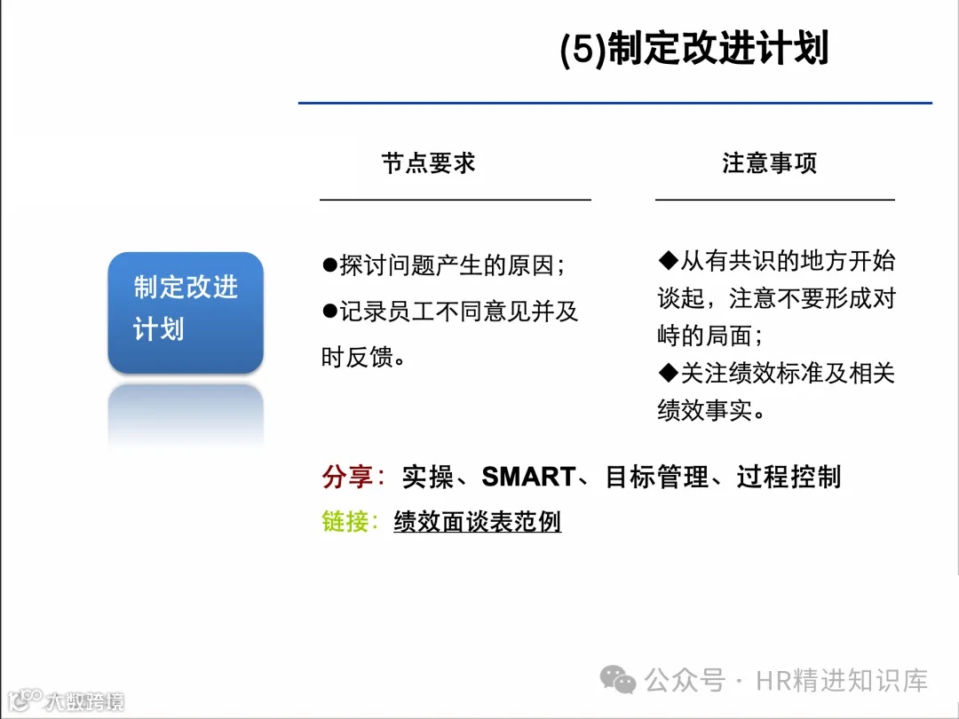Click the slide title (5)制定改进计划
point(694,50)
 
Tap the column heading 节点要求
point(429,163)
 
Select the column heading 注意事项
point(769,163)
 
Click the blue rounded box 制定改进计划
point(186,311)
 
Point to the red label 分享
point(347,478)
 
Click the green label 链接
point(345,522)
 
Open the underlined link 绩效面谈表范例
point(478,522)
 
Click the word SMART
point(528,478)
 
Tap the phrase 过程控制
point(789,478)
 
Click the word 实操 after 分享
point(427,478)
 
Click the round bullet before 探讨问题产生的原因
point(329,265)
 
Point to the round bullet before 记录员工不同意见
point(329,311)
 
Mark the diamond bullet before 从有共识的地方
point(668,260)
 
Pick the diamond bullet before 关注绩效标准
point(668,373)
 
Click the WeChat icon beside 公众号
point(618,681)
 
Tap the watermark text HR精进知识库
point(842,681)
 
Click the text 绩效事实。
point(711,411)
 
